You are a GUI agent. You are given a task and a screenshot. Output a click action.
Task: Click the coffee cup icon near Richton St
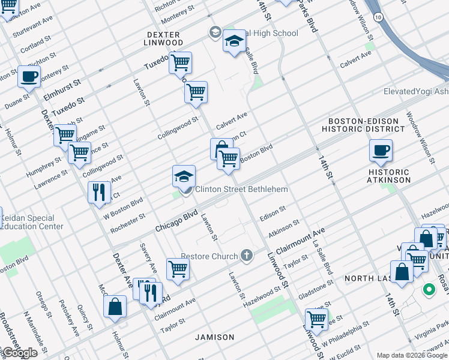[x=29, y=77]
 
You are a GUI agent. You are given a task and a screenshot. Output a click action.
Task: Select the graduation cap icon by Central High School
[x=234, y=41]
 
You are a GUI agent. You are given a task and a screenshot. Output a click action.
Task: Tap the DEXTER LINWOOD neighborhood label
[x=164, y=38]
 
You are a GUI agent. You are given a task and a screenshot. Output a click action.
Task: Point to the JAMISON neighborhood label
[x=214, y=337]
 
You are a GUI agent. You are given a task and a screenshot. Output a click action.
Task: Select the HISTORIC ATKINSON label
[x=389, y=176]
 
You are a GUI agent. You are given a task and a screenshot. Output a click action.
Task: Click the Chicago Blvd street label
[x=176, y=221]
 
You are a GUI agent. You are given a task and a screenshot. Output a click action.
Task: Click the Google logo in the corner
[x=19, y=353]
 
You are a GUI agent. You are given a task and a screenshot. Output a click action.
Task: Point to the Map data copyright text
[x=412, y=355]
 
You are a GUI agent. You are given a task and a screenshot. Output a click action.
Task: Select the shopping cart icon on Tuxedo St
[x=180, y=62]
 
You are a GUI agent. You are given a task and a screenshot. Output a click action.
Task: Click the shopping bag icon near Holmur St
[x=115, y=306]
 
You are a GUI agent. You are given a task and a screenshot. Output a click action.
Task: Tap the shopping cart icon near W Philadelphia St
[x=316, y=319]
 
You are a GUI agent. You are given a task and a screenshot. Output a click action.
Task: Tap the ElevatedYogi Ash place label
[x=416, y=91]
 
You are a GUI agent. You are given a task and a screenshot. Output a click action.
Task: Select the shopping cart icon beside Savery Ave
[x=178, y=269]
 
